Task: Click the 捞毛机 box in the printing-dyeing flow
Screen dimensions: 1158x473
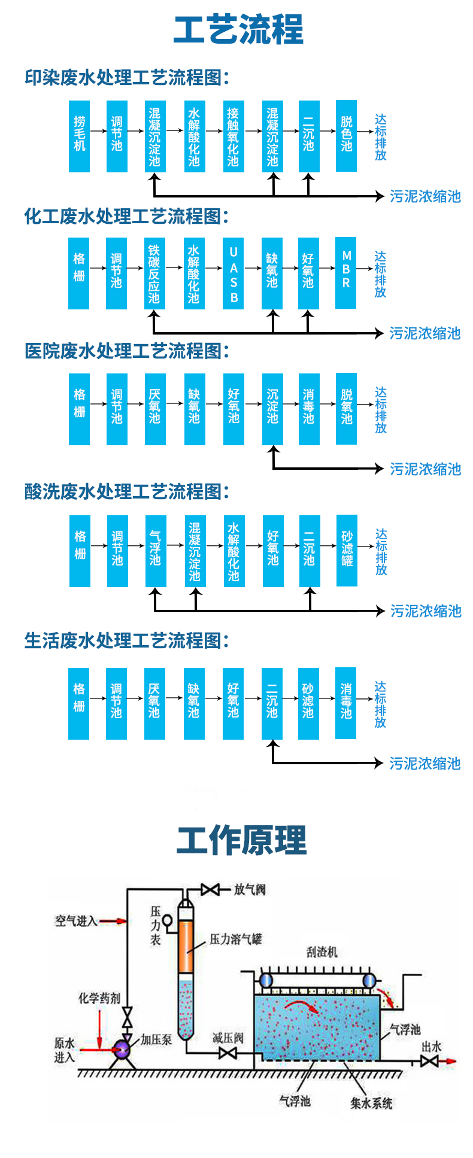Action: pyautogui.click(x=79, y=136)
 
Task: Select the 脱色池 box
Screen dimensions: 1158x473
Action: pyautogui.click(x=346, y=136)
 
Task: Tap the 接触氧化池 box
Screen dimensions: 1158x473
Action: pyautogui.click(x=233, y=136)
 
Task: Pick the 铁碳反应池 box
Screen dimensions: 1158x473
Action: pyautogui.click(x=154, y=273)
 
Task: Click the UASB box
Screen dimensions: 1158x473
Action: pyautogui.click(x=234, y=273)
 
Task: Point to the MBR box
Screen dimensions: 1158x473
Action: pyautogui.click(x=345, y=273)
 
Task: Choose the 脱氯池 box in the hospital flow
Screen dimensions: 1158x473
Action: pyautogui.click(x=346, y=409)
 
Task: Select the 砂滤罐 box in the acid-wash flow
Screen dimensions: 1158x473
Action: pyautogui.click(x=347, y=551)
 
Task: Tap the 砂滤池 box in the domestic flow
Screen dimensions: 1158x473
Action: pyautogui.click(x=308, y=703)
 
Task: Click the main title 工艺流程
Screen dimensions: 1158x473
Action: pyautogui.click(x=238, y=30)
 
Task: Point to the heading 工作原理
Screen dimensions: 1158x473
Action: pyautogui.click(x=241, y=840)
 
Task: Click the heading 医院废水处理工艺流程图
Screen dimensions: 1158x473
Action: pyautogui.click(x=126, y=351)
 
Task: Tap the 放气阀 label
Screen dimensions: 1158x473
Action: pyautogui.click(x=250, y=889)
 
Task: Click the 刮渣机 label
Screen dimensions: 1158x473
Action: pyautogui.click(x=322, y=952)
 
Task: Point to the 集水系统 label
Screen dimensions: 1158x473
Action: pyautogui.click(x=371, y=1103)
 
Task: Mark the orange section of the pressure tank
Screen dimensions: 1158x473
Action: pyautogui.click(x=187, y=946)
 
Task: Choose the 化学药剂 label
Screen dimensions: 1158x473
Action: pyautogui.click(x=99, y=998)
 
